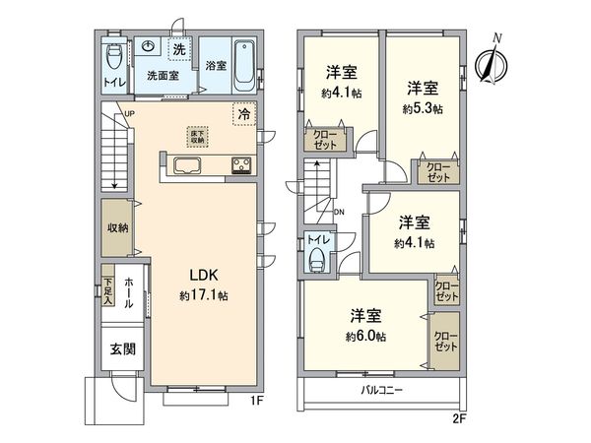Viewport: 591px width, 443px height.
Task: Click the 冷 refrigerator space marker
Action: point(242,114)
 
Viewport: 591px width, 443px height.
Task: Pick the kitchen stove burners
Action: point(241,165)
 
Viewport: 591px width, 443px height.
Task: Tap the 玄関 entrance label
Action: point(121,348)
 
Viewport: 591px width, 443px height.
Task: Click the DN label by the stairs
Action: point(338,211)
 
